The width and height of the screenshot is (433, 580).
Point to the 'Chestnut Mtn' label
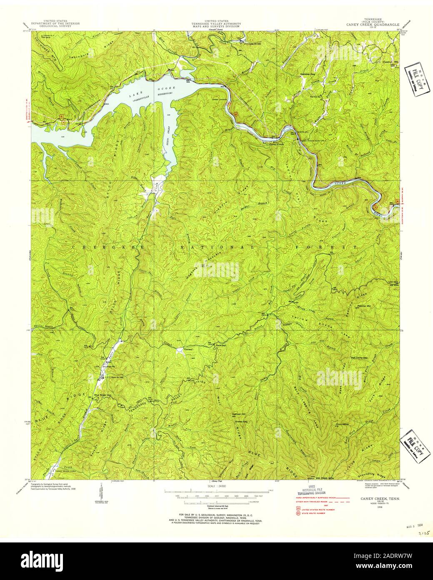(390, 61)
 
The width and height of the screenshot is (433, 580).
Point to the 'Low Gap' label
(393, 282)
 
